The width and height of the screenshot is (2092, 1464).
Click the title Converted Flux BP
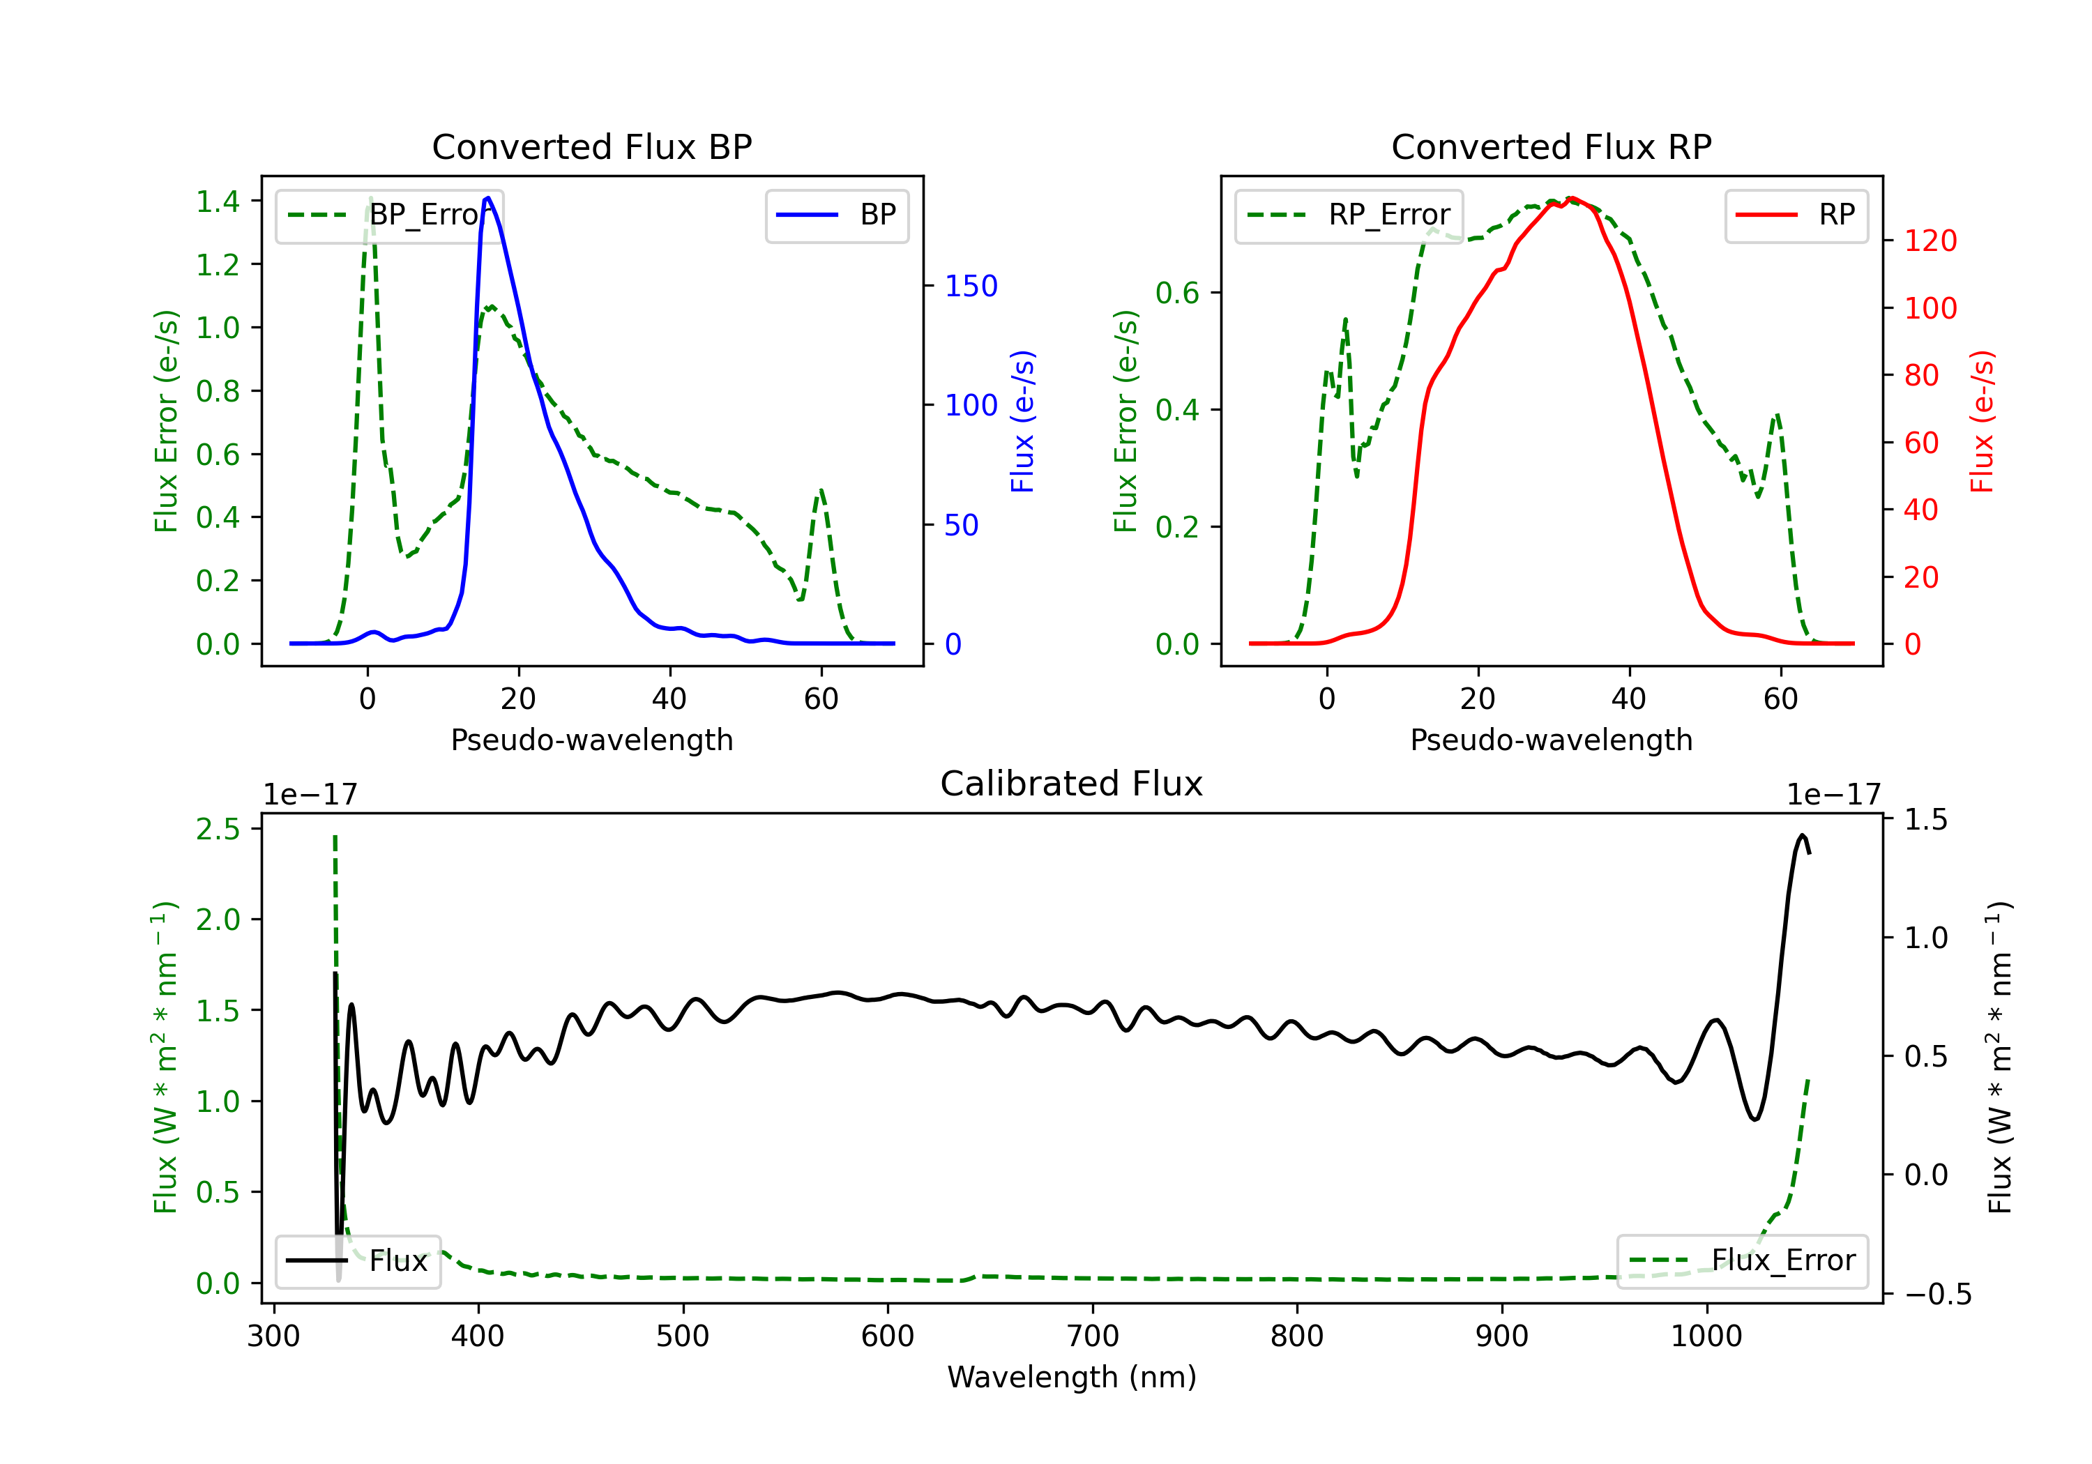(x=592, y=146)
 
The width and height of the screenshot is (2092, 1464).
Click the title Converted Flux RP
(x=1552, y=146)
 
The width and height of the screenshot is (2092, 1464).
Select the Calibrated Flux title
(x=1072, y=784)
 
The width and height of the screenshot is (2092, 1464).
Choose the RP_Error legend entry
(x=1349, y=215)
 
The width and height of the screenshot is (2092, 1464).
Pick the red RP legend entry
(x=1796, y=215)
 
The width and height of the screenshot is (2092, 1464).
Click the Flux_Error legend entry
(x=1742, y=1261)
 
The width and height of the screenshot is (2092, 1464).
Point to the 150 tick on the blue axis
(x=971, y=286)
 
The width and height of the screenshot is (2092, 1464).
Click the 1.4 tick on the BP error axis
(x=218, y=201)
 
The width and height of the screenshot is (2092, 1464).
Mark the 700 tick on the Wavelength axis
(x=1093, y=1336)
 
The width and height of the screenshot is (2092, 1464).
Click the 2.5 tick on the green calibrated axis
(x=218, y=829)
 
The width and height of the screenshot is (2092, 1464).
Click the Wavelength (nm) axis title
(x=1072, y=1377)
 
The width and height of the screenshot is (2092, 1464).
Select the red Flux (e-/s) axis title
(x=1983, y=422)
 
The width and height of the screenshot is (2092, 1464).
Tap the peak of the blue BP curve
(x=488, y=198)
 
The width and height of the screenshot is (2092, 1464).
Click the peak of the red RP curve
(x=1572, y=199)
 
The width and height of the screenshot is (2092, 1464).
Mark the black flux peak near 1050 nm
(x=1801, y=835)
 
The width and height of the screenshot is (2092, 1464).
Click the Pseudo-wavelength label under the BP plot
(x=592, y=740)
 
